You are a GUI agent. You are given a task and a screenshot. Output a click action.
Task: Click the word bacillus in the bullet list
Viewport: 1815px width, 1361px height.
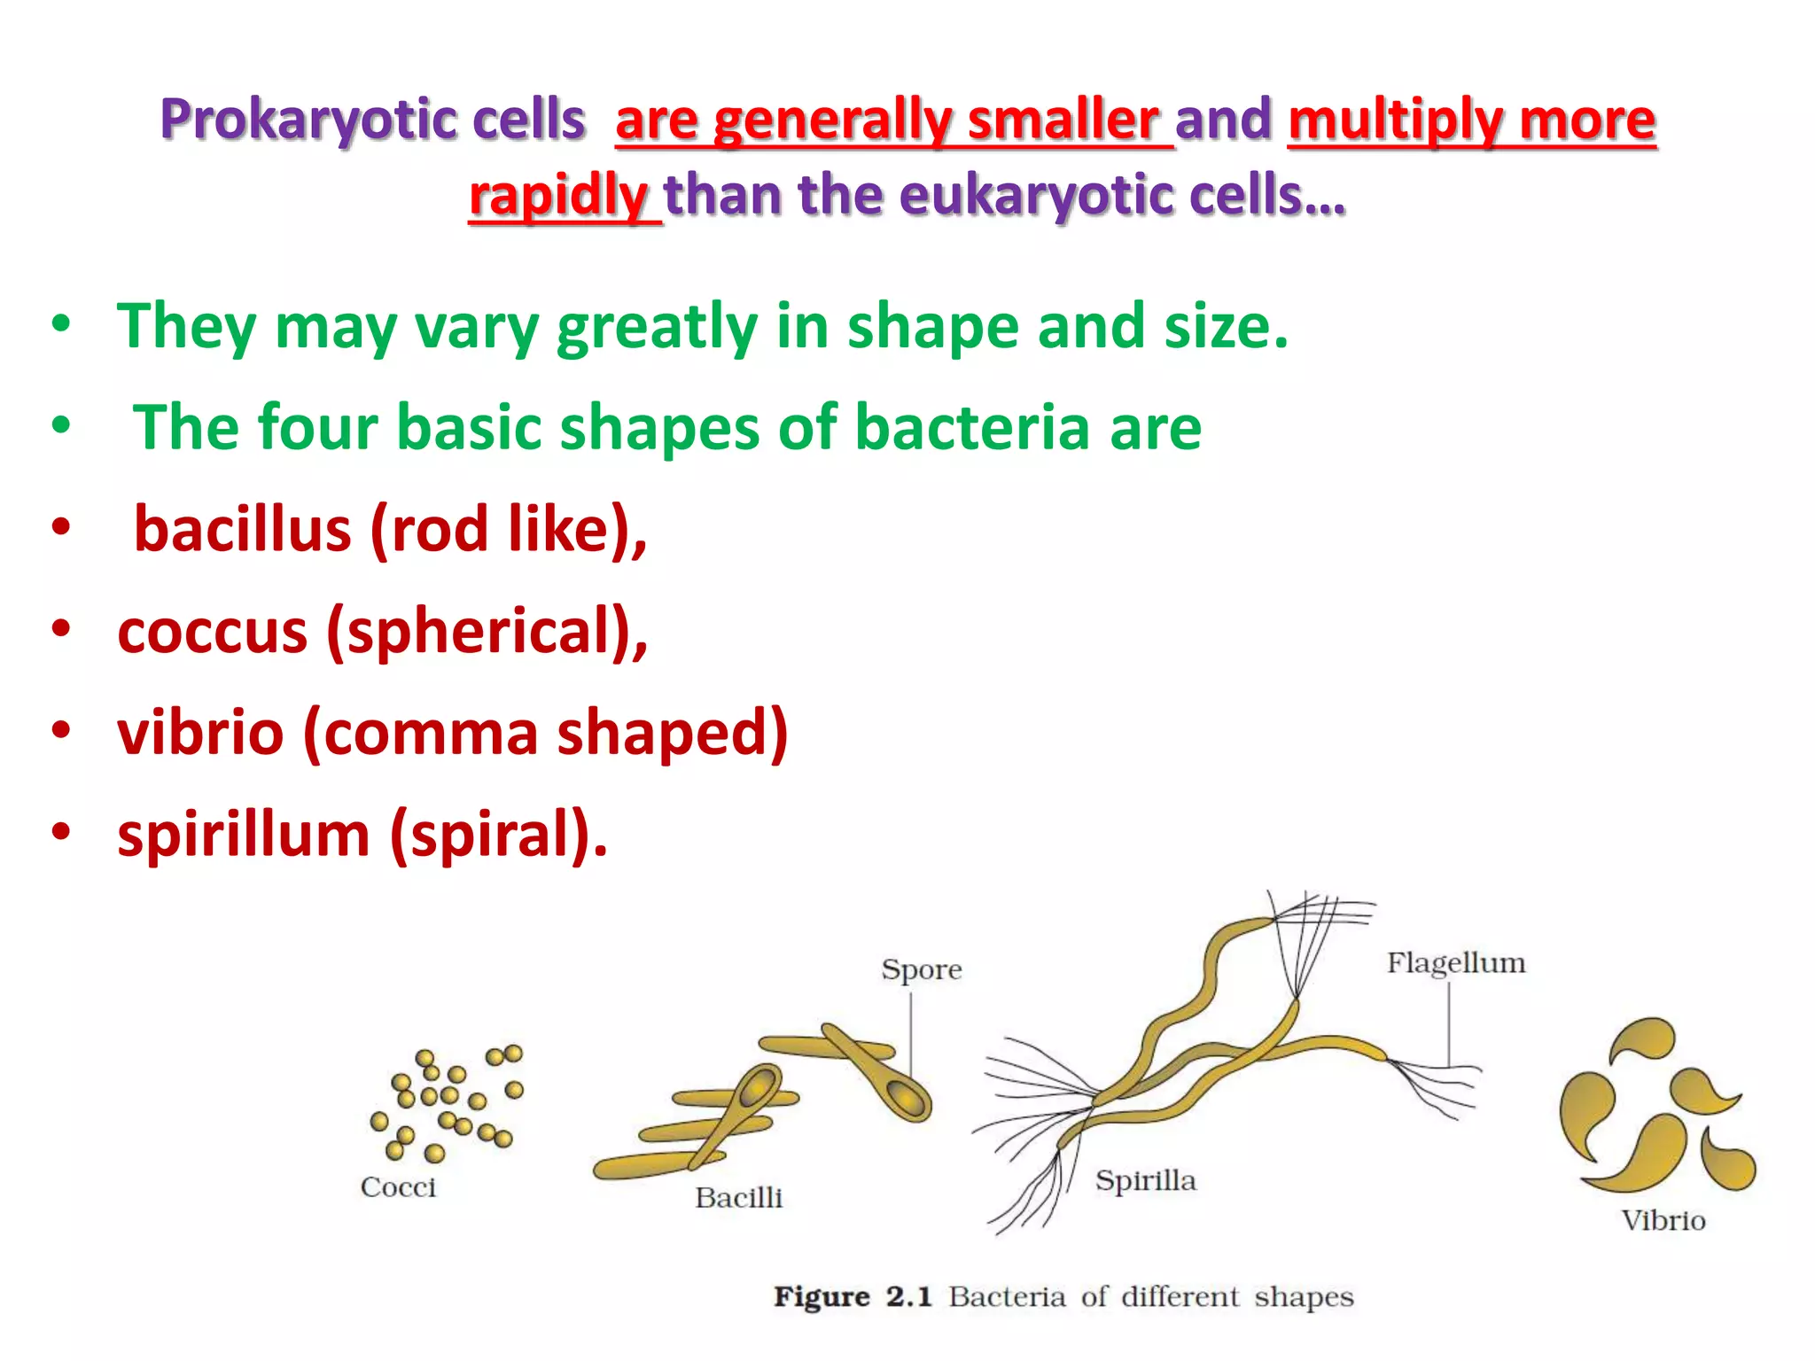[242, 529]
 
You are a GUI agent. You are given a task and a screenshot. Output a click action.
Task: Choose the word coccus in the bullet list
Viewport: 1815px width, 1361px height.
[213, 631]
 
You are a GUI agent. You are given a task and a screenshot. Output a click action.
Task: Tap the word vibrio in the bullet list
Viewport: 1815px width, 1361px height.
[200, 734]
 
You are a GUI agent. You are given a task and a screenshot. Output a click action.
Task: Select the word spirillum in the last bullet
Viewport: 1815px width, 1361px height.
[244, 835]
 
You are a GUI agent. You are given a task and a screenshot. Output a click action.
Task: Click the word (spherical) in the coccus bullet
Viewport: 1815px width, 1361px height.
[487, 631]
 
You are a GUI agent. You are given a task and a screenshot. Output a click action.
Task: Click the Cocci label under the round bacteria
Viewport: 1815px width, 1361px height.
[398, 1187]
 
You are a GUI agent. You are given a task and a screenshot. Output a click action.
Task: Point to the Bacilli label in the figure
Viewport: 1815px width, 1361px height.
[738, 1198]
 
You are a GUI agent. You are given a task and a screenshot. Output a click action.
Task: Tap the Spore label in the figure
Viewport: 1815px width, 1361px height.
[921, 969]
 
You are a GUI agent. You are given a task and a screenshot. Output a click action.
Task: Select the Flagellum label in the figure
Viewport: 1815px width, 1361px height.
[1455, 963]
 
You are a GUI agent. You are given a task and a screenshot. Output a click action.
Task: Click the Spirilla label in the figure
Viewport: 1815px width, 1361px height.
[1145, 1180]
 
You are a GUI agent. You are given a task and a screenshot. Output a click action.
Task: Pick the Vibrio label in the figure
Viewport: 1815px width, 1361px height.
[1663, 1221]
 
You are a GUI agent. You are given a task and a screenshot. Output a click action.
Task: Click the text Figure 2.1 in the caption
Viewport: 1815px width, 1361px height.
[853, 1297]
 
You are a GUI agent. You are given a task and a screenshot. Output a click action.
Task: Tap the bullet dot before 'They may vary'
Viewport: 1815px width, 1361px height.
[60, 323]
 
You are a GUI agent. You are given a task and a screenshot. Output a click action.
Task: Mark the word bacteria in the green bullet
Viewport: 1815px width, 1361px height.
[972, 428]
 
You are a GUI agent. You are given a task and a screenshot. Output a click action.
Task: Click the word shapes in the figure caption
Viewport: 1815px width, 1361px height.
[1303, 1297]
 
